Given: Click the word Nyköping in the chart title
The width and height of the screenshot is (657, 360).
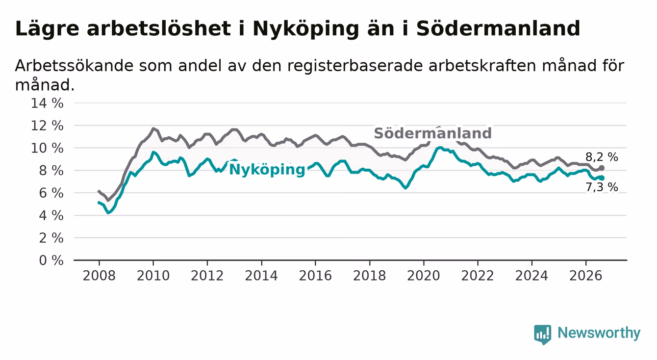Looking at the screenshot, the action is click(x=306, y=29).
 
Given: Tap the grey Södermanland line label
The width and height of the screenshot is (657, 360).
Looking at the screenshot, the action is click(x=432, y=133).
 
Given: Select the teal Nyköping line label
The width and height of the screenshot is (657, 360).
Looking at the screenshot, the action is click(x=267, y=170).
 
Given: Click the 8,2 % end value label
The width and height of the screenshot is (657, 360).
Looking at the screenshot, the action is click(x=602, y=157).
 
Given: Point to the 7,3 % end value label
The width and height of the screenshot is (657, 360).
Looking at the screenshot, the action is click(x=602, y=187).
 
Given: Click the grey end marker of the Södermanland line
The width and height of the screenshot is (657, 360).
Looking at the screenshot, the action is click(x=602, y=168).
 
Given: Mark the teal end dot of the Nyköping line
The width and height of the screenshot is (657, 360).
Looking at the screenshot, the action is click(x=602, y=178).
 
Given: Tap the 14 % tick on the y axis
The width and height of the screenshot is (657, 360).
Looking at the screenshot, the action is click(x=47, y=103).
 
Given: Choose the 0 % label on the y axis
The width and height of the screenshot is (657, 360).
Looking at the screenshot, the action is click(x=51, y=260).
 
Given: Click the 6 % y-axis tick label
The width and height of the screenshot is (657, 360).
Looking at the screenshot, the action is click(x=51, y=193).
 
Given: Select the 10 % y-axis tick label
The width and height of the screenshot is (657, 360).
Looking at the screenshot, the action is click(x=47, y=148).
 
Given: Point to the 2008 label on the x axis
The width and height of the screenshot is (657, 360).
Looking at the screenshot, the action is click(x=99, y=276).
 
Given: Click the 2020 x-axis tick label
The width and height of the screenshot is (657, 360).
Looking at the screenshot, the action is click(x=424, y=276).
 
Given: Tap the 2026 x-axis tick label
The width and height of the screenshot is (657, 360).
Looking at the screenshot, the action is click(x=586, y=276).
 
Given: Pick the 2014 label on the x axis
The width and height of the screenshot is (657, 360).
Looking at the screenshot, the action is click(x=261, y=276).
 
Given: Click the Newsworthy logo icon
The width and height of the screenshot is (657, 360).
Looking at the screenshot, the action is click(x=543, y=334).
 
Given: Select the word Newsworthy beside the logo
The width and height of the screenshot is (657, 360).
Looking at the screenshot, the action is click(x=599, y=333).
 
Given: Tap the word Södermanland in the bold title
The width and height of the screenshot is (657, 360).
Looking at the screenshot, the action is click(x=498, y=29).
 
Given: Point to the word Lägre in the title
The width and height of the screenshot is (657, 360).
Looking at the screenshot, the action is click(x=47, y=29).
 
